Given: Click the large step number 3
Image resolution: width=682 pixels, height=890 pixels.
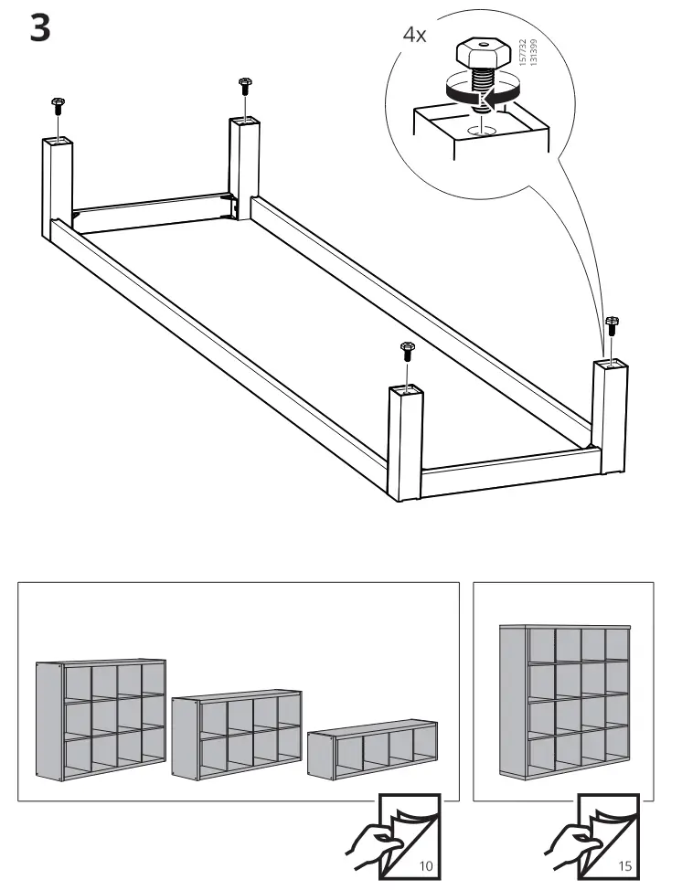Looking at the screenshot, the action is coord(39,28).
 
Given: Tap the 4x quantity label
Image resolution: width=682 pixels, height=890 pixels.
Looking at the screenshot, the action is coord(414,35).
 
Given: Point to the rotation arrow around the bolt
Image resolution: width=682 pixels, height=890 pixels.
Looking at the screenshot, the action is coord(482,90).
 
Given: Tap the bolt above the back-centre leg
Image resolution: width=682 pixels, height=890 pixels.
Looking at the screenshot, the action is coord(245,86).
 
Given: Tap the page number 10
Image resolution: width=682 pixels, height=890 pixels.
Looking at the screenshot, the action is coord(425,865).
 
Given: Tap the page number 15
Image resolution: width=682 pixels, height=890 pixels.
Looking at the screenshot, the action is coord(624,865).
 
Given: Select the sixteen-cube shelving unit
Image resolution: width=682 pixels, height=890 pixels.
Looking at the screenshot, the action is coord(564,702).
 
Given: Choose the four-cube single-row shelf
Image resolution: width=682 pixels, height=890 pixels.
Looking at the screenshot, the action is coord(372,748).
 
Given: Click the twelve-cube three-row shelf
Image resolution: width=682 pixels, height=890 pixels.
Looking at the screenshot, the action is coord(101,720).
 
